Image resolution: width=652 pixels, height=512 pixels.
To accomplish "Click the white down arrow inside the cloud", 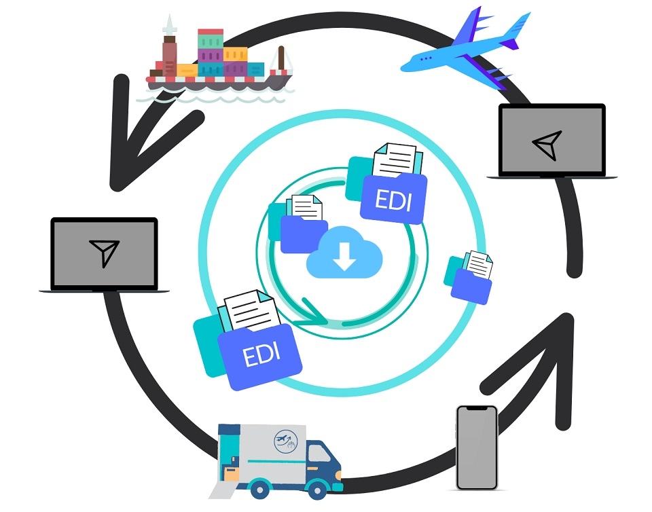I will pos(344,255).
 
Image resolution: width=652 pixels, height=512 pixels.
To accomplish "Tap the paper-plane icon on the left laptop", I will pos(104,253).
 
